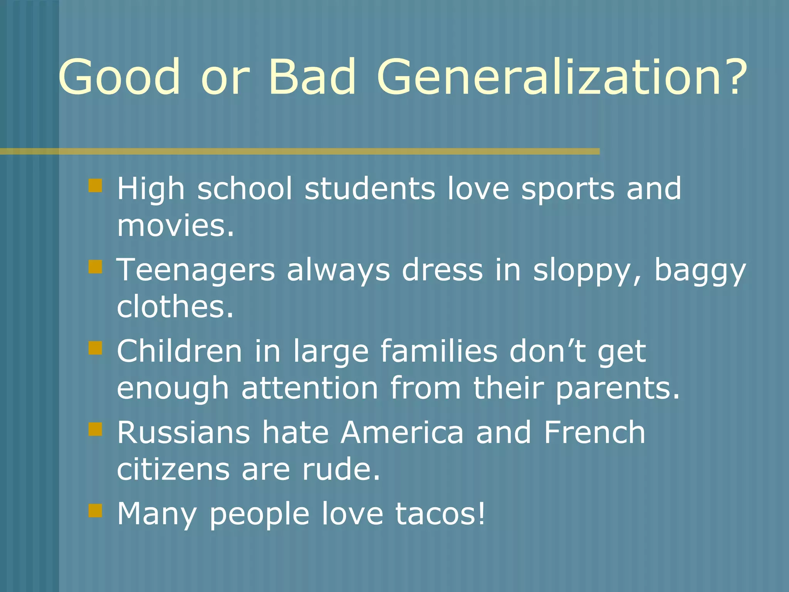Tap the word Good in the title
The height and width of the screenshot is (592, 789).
[119, 77]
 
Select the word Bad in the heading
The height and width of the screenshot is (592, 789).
[312, 77]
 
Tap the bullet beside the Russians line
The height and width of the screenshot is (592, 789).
[95, 429]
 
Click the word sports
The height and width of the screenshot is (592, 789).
[567, 190]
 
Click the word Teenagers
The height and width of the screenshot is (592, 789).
[196, 271]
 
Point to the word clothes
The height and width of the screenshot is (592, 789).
[176, 307]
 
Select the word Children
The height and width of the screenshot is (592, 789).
[180, 351]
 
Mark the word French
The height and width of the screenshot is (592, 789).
[594, 433]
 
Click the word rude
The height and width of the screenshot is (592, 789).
[341, 469]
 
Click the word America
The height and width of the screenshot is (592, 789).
[402, 433]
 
